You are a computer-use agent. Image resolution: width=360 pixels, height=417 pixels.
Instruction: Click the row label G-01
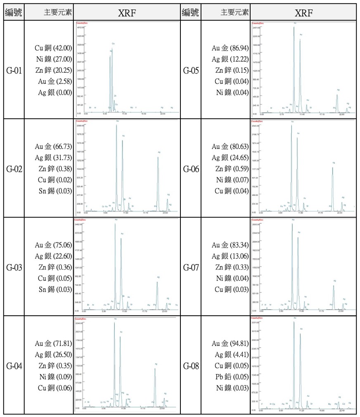tap(14, 70)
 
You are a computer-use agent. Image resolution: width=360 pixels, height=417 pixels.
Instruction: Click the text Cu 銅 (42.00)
tap(53, 48)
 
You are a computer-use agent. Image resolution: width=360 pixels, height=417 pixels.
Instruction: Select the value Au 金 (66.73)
tap(53, 147)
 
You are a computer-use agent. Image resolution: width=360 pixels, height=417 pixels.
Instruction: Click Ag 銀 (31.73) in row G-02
tap(53, 158)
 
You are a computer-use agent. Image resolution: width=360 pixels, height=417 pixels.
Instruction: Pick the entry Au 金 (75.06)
tap(53, 245)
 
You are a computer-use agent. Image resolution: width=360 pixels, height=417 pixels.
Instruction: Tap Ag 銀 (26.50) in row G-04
tap(53, 355)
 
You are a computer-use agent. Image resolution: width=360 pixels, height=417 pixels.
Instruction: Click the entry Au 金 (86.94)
tap(230, 48)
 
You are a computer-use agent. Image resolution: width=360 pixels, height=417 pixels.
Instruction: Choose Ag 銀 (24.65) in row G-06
tap(230, 157)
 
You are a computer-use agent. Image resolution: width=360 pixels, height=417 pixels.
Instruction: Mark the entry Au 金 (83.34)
tap(230, 245)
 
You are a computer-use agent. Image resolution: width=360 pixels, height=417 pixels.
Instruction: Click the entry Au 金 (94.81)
tap(230, 343)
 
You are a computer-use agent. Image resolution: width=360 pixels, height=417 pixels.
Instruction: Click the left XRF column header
tap(127, 12)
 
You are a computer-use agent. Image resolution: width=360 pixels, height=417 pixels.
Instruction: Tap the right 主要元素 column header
tap(234, 12)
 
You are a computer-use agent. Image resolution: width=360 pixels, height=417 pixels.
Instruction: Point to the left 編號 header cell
tap(14, 12)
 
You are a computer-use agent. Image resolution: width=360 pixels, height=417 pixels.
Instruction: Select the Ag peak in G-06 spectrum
tap(333, 186)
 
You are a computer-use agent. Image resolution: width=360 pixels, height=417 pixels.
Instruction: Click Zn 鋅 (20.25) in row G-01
tap(53, 70)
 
